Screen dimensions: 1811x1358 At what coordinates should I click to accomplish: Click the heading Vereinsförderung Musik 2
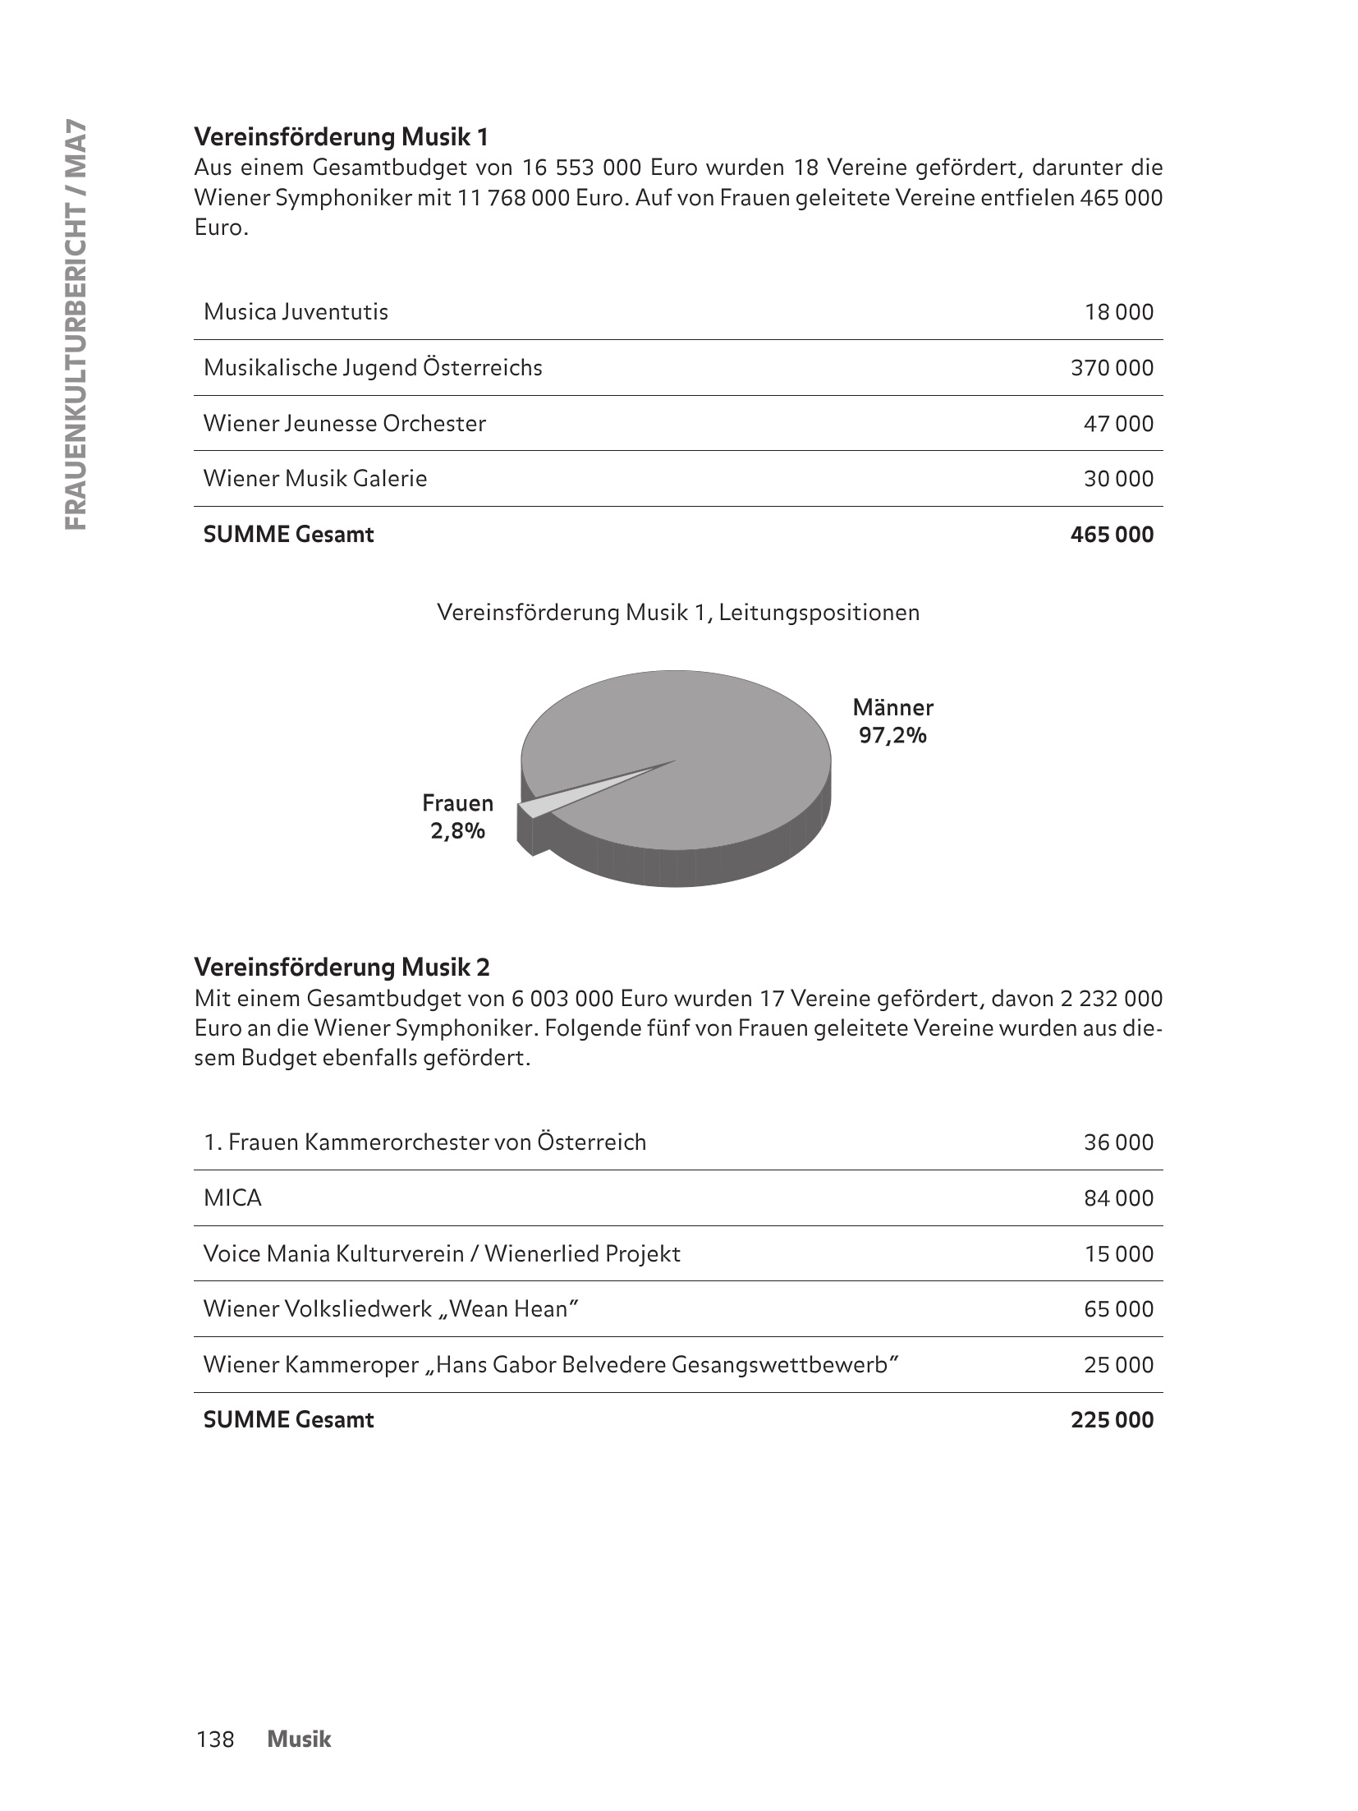[x=342, y=968]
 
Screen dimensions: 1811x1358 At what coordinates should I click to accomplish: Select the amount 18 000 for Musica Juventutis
[x=1118, y=312]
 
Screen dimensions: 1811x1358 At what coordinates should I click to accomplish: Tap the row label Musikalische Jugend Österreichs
[x=373, y=367]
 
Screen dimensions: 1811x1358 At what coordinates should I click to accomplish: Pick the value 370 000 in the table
[x=1112, y=368]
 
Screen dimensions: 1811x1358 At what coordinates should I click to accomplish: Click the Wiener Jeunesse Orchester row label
[x=344, y=424]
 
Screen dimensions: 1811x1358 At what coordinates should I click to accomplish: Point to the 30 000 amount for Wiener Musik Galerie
[x=1118, y=479]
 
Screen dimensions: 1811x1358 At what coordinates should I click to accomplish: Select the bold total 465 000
[x=1112, y=535]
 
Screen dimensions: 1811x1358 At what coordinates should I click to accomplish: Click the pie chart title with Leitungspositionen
[x=678, y=613]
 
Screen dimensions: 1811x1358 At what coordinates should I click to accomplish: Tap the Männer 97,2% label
[x=892, y=721]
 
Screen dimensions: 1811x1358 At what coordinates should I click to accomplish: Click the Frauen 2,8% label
[x=457, y=817]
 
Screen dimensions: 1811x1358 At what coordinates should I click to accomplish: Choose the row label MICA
[x=232, y=1198]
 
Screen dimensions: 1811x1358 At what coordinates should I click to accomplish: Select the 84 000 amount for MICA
[x=1118, y=1198]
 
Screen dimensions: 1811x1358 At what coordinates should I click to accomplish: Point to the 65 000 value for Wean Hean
[x=1118, y=1309]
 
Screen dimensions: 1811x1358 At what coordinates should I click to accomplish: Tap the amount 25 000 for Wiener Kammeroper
[x=1118, y=1365]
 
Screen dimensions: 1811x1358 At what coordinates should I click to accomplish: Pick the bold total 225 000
[x=1112, y=1420]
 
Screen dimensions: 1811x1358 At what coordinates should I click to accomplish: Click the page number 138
[x=215, y=1739]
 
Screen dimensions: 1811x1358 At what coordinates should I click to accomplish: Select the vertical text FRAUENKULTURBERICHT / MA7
[x=75, y=324]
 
